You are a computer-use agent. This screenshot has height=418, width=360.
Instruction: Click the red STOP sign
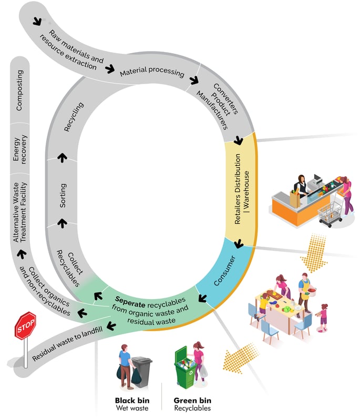click(25, 325)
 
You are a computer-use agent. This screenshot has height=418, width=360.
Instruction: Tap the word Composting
click(19, 90)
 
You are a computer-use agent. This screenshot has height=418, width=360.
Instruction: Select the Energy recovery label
click(20, 149)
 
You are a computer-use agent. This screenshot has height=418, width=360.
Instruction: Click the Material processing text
click(152, 72)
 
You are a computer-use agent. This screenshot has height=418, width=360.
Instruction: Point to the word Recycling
click(74, 117)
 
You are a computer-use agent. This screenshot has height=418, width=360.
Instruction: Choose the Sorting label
click(63, 196)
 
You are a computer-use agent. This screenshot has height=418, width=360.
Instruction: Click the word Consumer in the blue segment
click(224, 271)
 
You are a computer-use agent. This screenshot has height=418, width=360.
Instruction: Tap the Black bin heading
click(132, 401)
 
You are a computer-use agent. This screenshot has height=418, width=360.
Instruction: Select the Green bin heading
click(192, 401)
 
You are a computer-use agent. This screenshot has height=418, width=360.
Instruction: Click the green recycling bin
click(186, 368)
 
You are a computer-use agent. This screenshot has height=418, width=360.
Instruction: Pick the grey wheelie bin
click(142, 372)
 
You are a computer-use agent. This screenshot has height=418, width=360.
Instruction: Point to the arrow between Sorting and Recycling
click(63, 158)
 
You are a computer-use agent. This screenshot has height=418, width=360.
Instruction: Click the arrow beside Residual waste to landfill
click(111, 325)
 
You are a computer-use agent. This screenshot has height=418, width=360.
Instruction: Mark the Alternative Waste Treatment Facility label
click(20, 212)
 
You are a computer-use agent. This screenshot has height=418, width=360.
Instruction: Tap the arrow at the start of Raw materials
click(37, 22)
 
